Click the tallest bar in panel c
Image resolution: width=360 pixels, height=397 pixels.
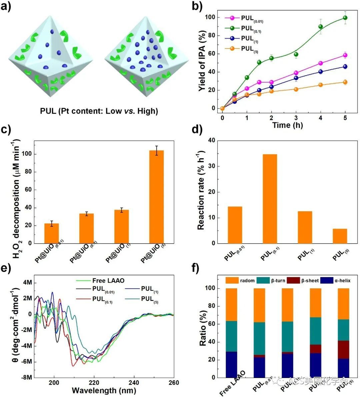click(x=156, y=197)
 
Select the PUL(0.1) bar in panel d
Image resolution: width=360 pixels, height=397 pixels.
click(x=270, y=199)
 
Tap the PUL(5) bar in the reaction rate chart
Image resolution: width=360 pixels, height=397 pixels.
click(x=340, y=236)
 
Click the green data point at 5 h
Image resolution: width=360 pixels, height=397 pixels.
click(x=345, y=18)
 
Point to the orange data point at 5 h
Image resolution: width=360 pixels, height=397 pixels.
click(x=345, y=82)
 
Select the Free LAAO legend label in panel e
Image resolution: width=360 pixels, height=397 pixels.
click(x=108, y=280)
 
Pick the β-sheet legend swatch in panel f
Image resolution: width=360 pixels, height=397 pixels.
click(x=296, y=280)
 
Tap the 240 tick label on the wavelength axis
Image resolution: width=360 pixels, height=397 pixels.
click(x=134, y=383)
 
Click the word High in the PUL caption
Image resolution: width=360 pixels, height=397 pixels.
click(x=146, y=111)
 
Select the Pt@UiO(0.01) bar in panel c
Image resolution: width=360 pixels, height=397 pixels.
click(x=51, y=233)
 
